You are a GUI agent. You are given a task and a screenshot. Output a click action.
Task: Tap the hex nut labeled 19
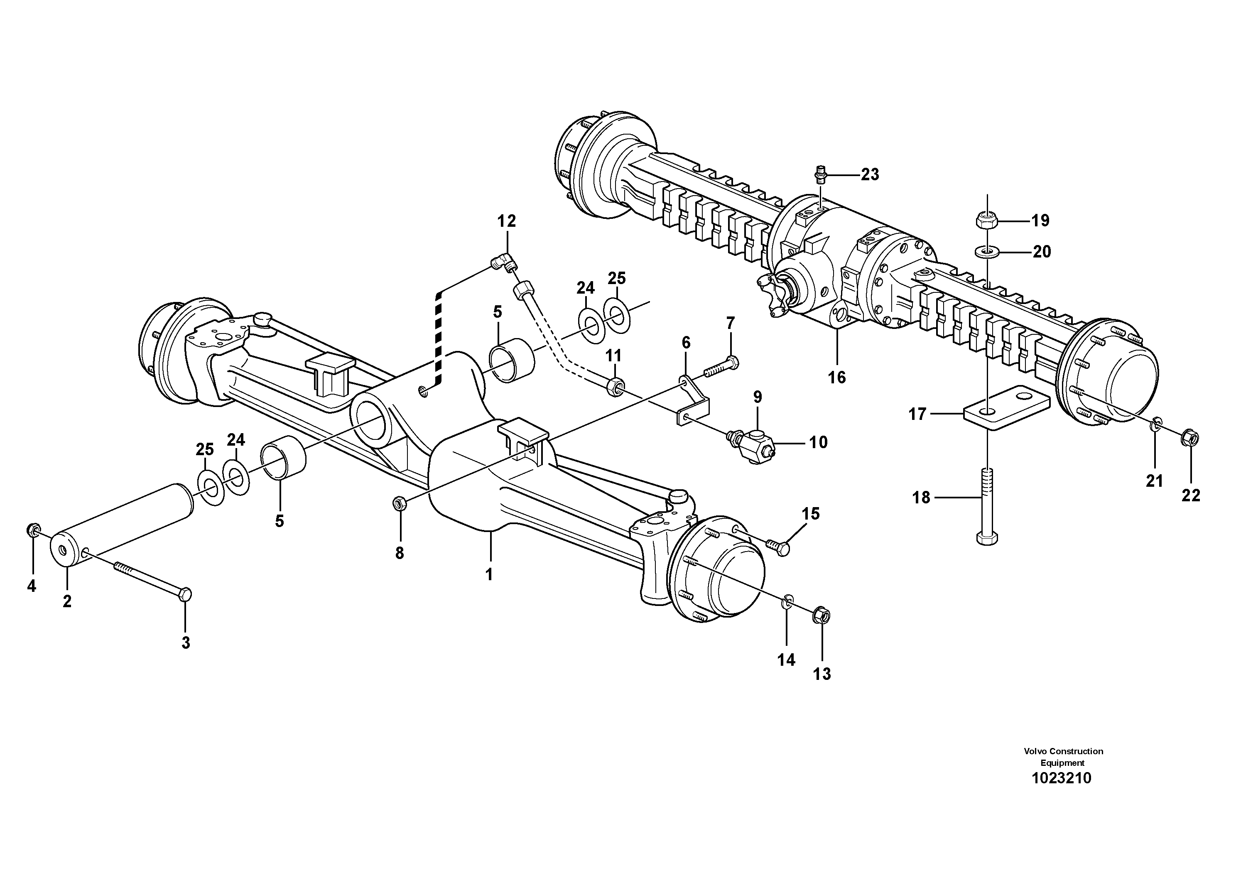click(x=987, y=220)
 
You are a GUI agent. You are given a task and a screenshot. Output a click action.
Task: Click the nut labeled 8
click(x=399, y=503)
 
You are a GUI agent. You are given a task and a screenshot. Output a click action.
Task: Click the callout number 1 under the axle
click(x=489, y=575)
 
